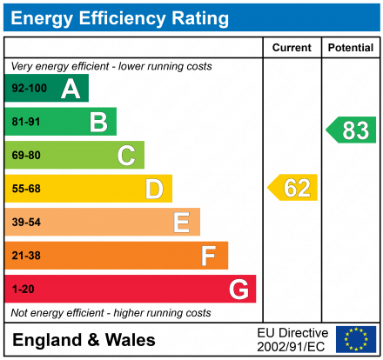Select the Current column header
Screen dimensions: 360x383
292,48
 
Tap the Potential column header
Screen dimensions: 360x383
351,48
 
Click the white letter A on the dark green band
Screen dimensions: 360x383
70,89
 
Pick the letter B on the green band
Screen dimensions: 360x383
97,122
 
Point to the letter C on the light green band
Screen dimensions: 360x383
126,156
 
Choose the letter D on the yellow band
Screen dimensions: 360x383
153,189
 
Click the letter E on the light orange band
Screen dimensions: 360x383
181,223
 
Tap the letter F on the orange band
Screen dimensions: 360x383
208,256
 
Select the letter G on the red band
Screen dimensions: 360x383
238,289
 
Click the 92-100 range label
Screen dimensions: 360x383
29,89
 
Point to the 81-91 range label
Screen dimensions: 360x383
26,122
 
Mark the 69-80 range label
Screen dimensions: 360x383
26,156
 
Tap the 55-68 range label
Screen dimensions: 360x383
26,189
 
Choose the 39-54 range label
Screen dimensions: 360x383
26,223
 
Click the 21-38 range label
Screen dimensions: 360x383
26,256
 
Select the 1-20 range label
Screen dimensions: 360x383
24,289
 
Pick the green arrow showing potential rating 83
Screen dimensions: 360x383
352,130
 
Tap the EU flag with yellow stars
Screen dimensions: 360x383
356,339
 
